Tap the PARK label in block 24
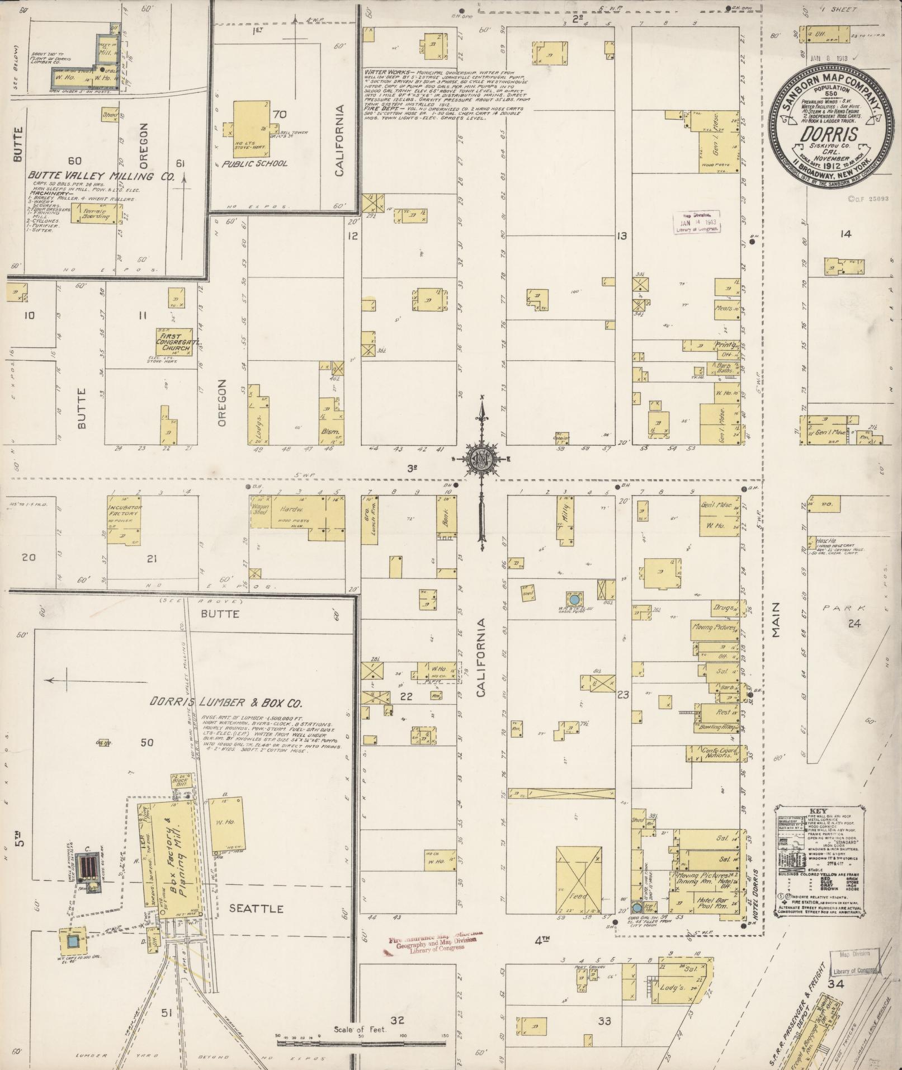pyautogui.click(x=844, y=607)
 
